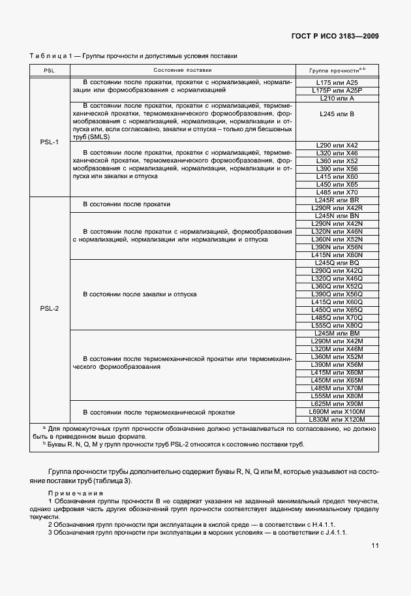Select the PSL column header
click(x=49, y=69)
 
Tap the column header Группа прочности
click(x=337, y=69)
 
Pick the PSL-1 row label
click(x=49, y=140)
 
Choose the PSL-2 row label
click(x=49, y=308)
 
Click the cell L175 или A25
click(x=337, y=83)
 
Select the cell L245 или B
click(x=337, y=114)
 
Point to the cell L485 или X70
click(x=337, y=192)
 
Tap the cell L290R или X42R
click(x=337, y=208)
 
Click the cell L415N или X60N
click(x=337, y=255)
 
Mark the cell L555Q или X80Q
click(x=337, y=325)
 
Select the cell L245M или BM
click(x=337, y=334)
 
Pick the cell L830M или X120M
click(x=337, y=419)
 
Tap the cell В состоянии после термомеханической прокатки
click(x=159, y=412)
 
